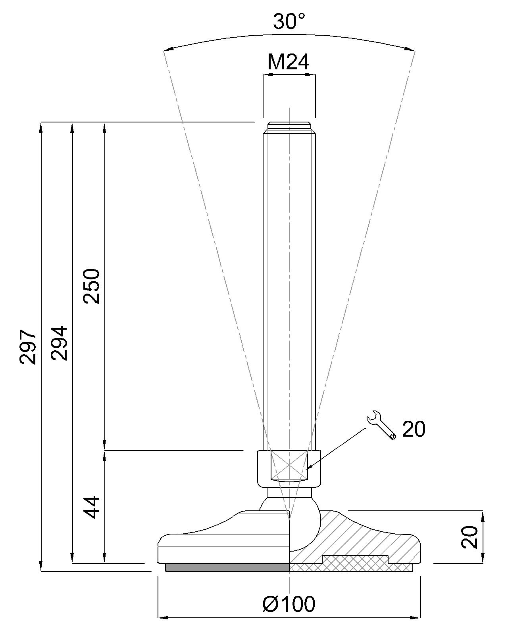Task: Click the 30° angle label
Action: (289, 21)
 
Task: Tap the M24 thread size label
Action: (289, 62)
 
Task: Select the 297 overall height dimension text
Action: (29, 346)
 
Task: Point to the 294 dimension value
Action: (60, 343)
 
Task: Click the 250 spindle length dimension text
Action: (92, 286)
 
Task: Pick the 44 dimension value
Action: (92, 507)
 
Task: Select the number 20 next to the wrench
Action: (414, 429)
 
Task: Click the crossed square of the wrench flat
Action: (289, 464)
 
